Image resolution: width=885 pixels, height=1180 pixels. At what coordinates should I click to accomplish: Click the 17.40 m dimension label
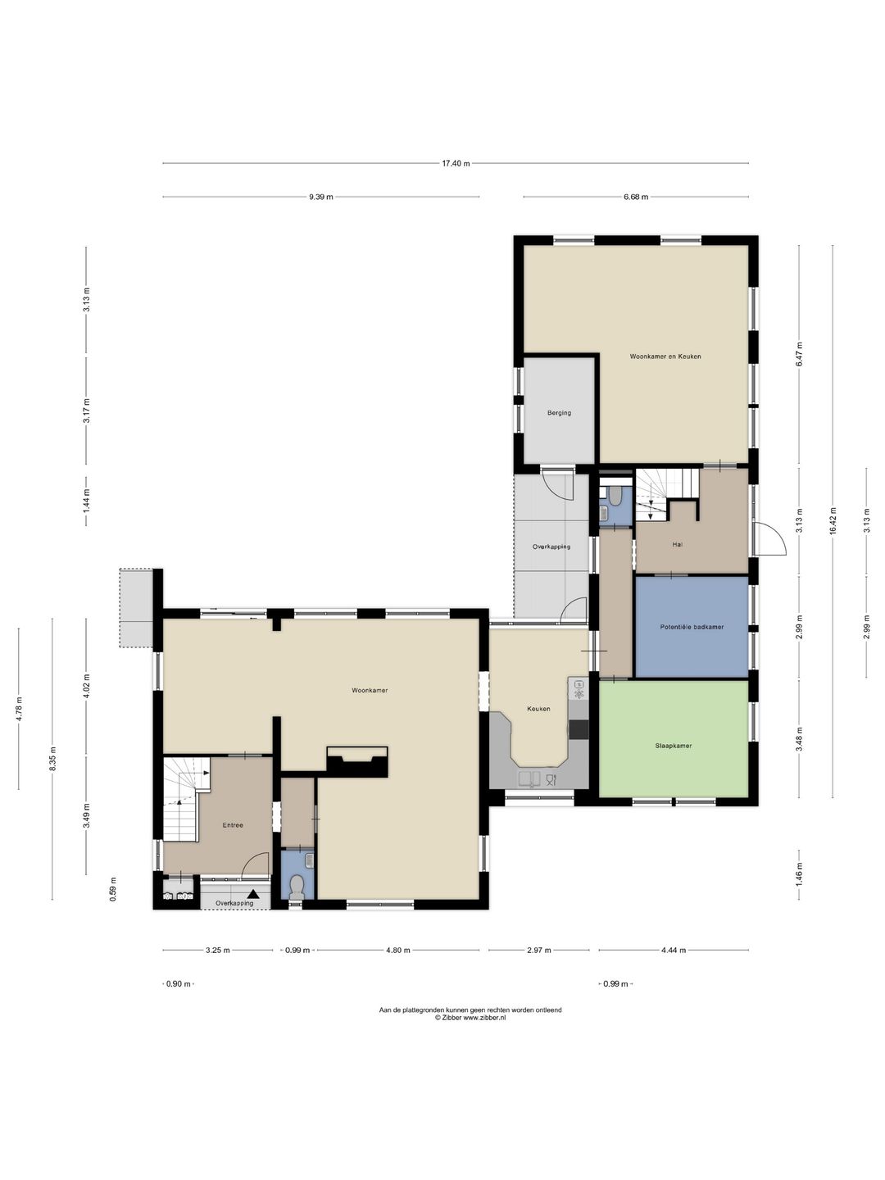point(456,163)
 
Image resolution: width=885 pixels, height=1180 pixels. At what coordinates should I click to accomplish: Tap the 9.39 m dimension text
point(320,197)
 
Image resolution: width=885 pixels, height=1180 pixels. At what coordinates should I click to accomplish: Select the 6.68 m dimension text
point(636,197)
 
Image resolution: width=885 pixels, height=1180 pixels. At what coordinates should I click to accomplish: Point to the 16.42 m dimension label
point(833,521)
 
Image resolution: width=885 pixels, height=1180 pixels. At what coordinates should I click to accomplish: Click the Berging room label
point(559,413)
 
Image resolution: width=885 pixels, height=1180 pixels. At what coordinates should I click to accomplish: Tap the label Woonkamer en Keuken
point(665,356)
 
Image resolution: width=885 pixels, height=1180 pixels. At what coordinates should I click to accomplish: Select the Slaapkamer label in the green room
point(674,746)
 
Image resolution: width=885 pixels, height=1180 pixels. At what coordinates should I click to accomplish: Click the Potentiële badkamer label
point(692,627)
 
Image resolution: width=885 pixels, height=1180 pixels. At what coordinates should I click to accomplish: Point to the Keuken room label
point(538,709)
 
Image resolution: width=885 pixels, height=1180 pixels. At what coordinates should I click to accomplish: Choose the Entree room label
point(233,824)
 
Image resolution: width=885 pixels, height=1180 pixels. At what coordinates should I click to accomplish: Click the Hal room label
point(677,545)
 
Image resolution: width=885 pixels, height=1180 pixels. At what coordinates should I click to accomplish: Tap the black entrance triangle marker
point(253,893)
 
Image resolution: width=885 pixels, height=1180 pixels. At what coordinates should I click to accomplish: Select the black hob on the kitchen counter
point(579,729)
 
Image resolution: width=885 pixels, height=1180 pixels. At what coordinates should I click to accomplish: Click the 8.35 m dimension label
point(52,759)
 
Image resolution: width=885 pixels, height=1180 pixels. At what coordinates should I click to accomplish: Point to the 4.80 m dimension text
point(397,950)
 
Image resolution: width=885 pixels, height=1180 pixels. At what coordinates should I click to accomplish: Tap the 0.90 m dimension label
point(179,984)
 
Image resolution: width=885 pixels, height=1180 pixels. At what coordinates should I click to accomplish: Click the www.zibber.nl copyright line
point(470,1018)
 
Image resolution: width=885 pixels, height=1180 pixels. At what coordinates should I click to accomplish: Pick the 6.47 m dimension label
point(799,354)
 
